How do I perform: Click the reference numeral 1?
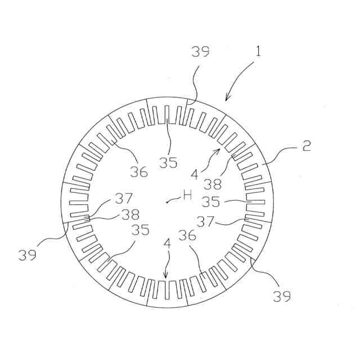tap(258, 52)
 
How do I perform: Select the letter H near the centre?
tap(187, 196)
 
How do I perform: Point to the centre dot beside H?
tap(167, 201)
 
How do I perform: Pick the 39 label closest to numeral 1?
tap(200, 52)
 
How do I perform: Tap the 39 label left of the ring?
tap(28, 255)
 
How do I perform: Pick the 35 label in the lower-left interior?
tap(141, 229)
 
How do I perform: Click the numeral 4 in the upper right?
tap(194, 174)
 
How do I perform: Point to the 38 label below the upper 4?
tap(213, 183)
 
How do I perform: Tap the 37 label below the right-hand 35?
tap(206, 221)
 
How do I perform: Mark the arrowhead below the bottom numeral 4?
tap(165, 276)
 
